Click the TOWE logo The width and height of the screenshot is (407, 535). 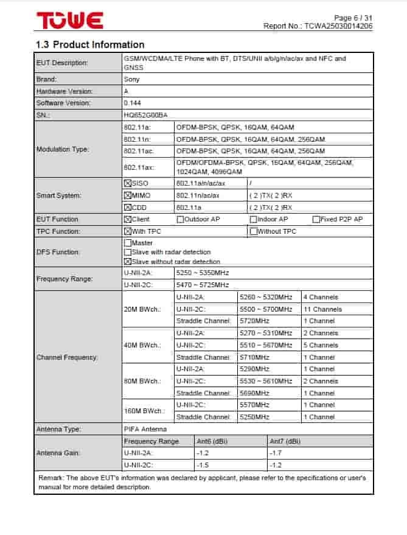[x=69, y=20]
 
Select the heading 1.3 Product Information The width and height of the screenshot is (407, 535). [x=90, y=44]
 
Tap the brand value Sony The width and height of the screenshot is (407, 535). [x=131, y=79]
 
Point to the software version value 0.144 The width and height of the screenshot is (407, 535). [x=132, y=103]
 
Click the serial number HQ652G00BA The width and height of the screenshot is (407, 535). [x=145, y=115]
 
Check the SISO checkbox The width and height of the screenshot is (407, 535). [x=127, y=183]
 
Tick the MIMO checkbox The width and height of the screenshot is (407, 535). [x=127, y=195]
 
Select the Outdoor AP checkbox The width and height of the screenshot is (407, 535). [x=180, y=219]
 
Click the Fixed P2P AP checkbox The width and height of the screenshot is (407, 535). [x=316, y=219]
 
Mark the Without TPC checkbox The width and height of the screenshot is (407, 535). [x=253, y=231]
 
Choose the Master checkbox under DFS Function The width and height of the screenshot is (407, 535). [x=127, y=243]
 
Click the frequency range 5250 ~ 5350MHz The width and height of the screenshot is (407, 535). [x=203, y=273]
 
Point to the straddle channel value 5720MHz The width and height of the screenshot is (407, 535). [x=255, y=321]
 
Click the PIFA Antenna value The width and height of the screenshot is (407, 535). [x=145, y=429]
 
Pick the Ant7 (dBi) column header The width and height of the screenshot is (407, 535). [x=285, y=441]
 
